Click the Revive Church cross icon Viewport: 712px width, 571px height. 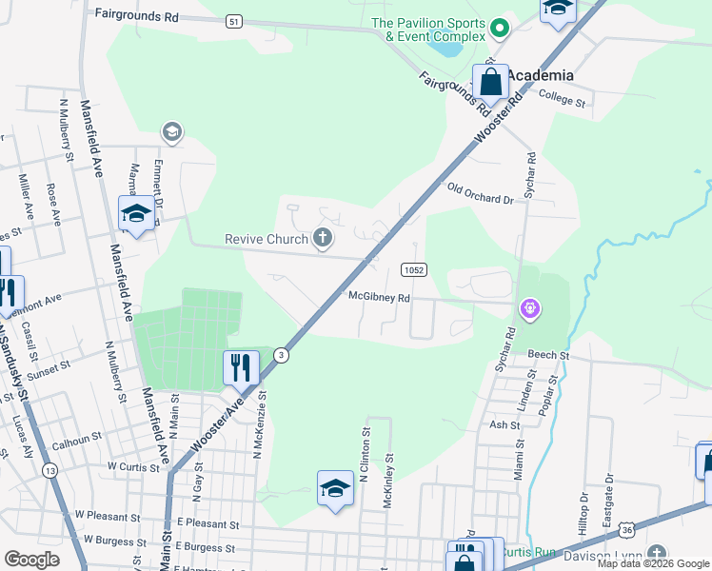pyautogui.click(x=323, y=238)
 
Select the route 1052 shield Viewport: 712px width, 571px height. pyautogui.click(x=413, y=270)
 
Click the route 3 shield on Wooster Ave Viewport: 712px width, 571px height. pyautogui.click(x=281, y=355)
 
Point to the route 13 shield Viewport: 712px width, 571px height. pyautogui.click(x=50, y=470)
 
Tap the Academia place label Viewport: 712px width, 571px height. pyautogui.click(x=540, y=75)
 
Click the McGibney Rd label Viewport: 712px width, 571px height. pyautogui.click(x=379, y=297)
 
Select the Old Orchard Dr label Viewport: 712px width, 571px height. pyautogui.click(x=480, y=193)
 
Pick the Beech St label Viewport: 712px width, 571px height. pyautogui.click(x=549, y=355)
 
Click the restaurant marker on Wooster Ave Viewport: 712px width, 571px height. pyautogui.click(x=241, y=366)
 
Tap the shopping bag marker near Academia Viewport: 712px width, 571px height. pyautogui.click(x=490, y=81)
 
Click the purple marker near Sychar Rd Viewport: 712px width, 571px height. pyautogui.click(x=530, y=308)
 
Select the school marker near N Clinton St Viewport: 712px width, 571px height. pyautogui.click(x=335, y=489)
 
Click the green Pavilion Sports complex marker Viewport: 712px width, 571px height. pyautogui.click(x=501, y=30)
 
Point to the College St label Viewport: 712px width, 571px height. pyautogui.click(x=562, y=96)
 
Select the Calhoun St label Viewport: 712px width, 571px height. pyautogui.click(x=77, y=439)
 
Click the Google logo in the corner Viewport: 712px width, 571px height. pyautogui.click(x=31, y=559)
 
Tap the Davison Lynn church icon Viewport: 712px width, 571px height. pyautogui.click(x=657, y=554)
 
